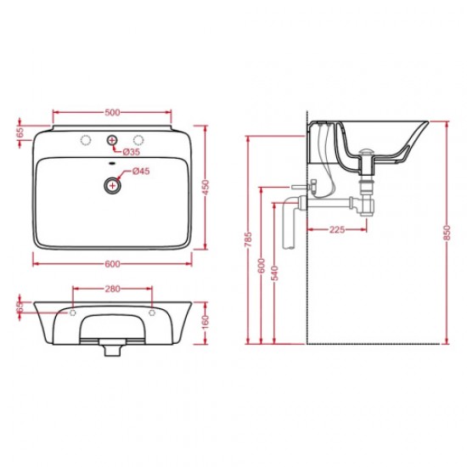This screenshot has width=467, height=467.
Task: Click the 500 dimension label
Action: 112,113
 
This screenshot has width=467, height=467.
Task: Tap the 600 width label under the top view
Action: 112,264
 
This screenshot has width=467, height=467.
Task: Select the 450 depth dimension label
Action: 205,187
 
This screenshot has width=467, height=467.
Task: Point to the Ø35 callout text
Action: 132,152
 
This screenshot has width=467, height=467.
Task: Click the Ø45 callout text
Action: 141,172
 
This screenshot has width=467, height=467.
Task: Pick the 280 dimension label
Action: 112,289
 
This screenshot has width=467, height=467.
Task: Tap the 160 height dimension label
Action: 205,323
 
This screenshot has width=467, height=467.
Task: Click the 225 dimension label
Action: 337,229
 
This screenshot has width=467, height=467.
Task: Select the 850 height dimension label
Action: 447,233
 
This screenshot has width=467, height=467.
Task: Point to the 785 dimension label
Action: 248,239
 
